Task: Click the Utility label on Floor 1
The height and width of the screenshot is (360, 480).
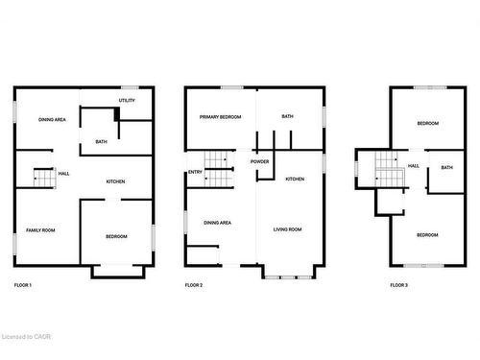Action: point(127,100)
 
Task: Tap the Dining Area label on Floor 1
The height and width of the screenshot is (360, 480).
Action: point(52,119)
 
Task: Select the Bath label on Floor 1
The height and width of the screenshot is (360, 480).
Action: point(101,142)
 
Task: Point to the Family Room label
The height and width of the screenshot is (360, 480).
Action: point(40,230)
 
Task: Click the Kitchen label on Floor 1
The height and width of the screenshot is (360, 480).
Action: point(115,181)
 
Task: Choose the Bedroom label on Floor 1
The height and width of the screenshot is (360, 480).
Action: point(115,236)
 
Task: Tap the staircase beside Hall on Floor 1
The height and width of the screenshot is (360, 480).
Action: point(40,177)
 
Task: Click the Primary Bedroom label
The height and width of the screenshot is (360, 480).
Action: point(220,117)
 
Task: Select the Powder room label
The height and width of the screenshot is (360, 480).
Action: point(260,161)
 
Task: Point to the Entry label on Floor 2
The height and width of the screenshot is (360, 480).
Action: point(195,173)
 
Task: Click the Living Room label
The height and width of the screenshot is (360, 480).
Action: point(288,229)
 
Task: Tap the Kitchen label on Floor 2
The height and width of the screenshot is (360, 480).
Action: point(295,180)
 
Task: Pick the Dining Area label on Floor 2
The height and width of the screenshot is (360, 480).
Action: point(217,223)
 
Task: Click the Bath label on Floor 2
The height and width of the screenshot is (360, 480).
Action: point(287,117)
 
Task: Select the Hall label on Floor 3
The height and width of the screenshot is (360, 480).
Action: point(414,166)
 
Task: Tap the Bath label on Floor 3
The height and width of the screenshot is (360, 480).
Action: point(446,168)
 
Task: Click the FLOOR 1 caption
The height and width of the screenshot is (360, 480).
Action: point(23,286)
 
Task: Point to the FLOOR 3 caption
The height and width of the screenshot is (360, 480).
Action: point(398,286)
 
